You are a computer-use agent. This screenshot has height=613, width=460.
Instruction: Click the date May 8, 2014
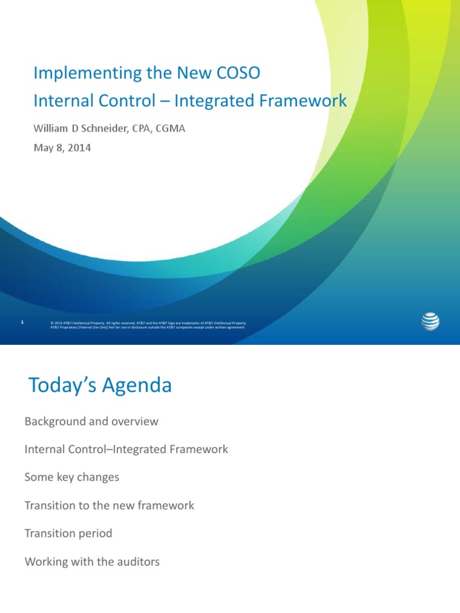click(x=62, y=147)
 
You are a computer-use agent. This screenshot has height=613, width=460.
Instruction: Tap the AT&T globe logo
click(x=430, y=321)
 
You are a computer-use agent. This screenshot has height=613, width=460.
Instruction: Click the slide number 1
click(x=22, y=323)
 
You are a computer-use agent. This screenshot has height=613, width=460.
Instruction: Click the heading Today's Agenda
click(x=100, y=386)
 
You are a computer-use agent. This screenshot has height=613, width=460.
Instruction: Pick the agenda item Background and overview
click(x=92, y=421)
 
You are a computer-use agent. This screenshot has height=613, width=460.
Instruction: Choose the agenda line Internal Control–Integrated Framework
click(x=126, y=449)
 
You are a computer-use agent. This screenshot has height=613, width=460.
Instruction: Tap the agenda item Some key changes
click(x=72, y=477)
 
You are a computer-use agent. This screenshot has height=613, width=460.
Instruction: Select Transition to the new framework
click(x=110, y=505)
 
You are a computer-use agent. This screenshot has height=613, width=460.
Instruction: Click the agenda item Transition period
click(x=68, y=533)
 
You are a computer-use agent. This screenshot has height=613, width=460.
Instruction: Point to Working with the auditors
click(x=92, y=562)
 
